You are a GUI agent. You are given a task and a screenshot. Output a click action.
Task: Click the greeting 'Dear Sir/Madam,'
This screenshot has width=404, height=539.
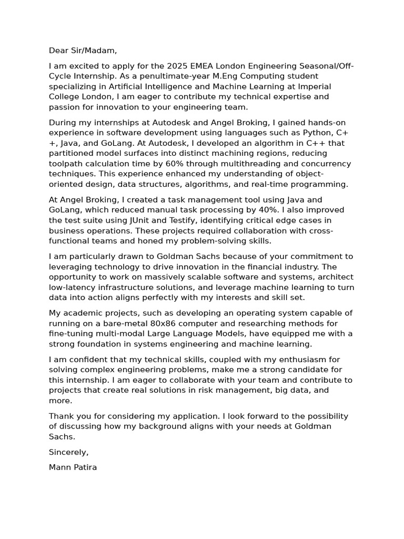click(83, 51)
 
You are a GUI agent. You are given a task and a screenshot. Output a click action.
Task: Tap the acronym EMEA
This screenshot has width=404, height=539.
click(203, 66)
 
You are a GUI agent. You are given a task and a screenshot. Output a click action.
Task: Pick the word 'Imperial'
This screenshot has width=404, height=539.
click(315, 86)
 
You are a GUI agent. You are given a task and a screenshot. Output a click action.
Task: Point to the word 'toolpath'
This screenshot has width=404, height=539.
click(65, 164)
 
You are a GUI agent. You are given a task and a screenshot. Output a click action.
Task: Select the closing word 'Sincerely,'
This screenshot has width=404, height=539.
click(69, 452)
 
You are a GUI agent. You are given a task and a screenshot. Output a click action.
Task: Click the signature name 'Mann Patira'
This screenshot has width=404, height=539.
click(73, 467)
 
